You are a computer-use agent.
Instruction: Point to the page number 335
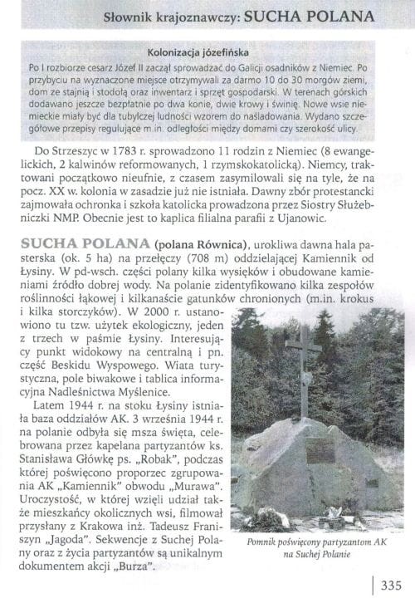pos(391,585)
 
